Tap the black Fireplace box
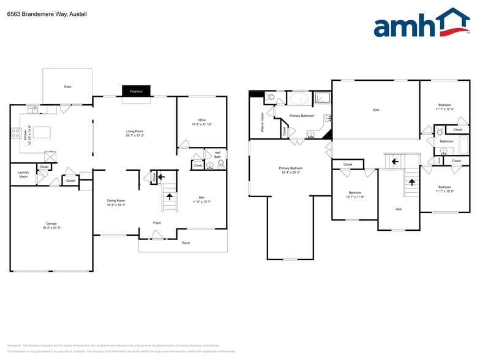[x=136, y=91]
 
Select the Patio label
[x=67, y=87]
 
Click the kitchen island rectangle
[x=42, y=132]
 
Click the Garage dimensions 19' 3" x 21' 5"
[x=51, y=228]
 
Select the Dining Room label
[x=116, y=201]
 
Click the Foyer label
[x=157, y=223]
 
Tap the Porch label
[x=186, y=243]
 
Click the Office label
[x=201, y=120]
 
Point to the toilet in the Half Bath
[x=220, y=164]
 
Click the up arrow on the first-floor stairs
[x=169, y=197]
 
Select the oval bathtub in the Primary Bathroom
[x=300, y=98]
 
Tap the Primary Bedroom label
[x=291, y=168]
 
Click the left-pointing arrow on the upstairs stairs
[x=395, y=162]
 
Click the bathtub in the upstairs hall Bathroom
[x=463, y=145]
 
